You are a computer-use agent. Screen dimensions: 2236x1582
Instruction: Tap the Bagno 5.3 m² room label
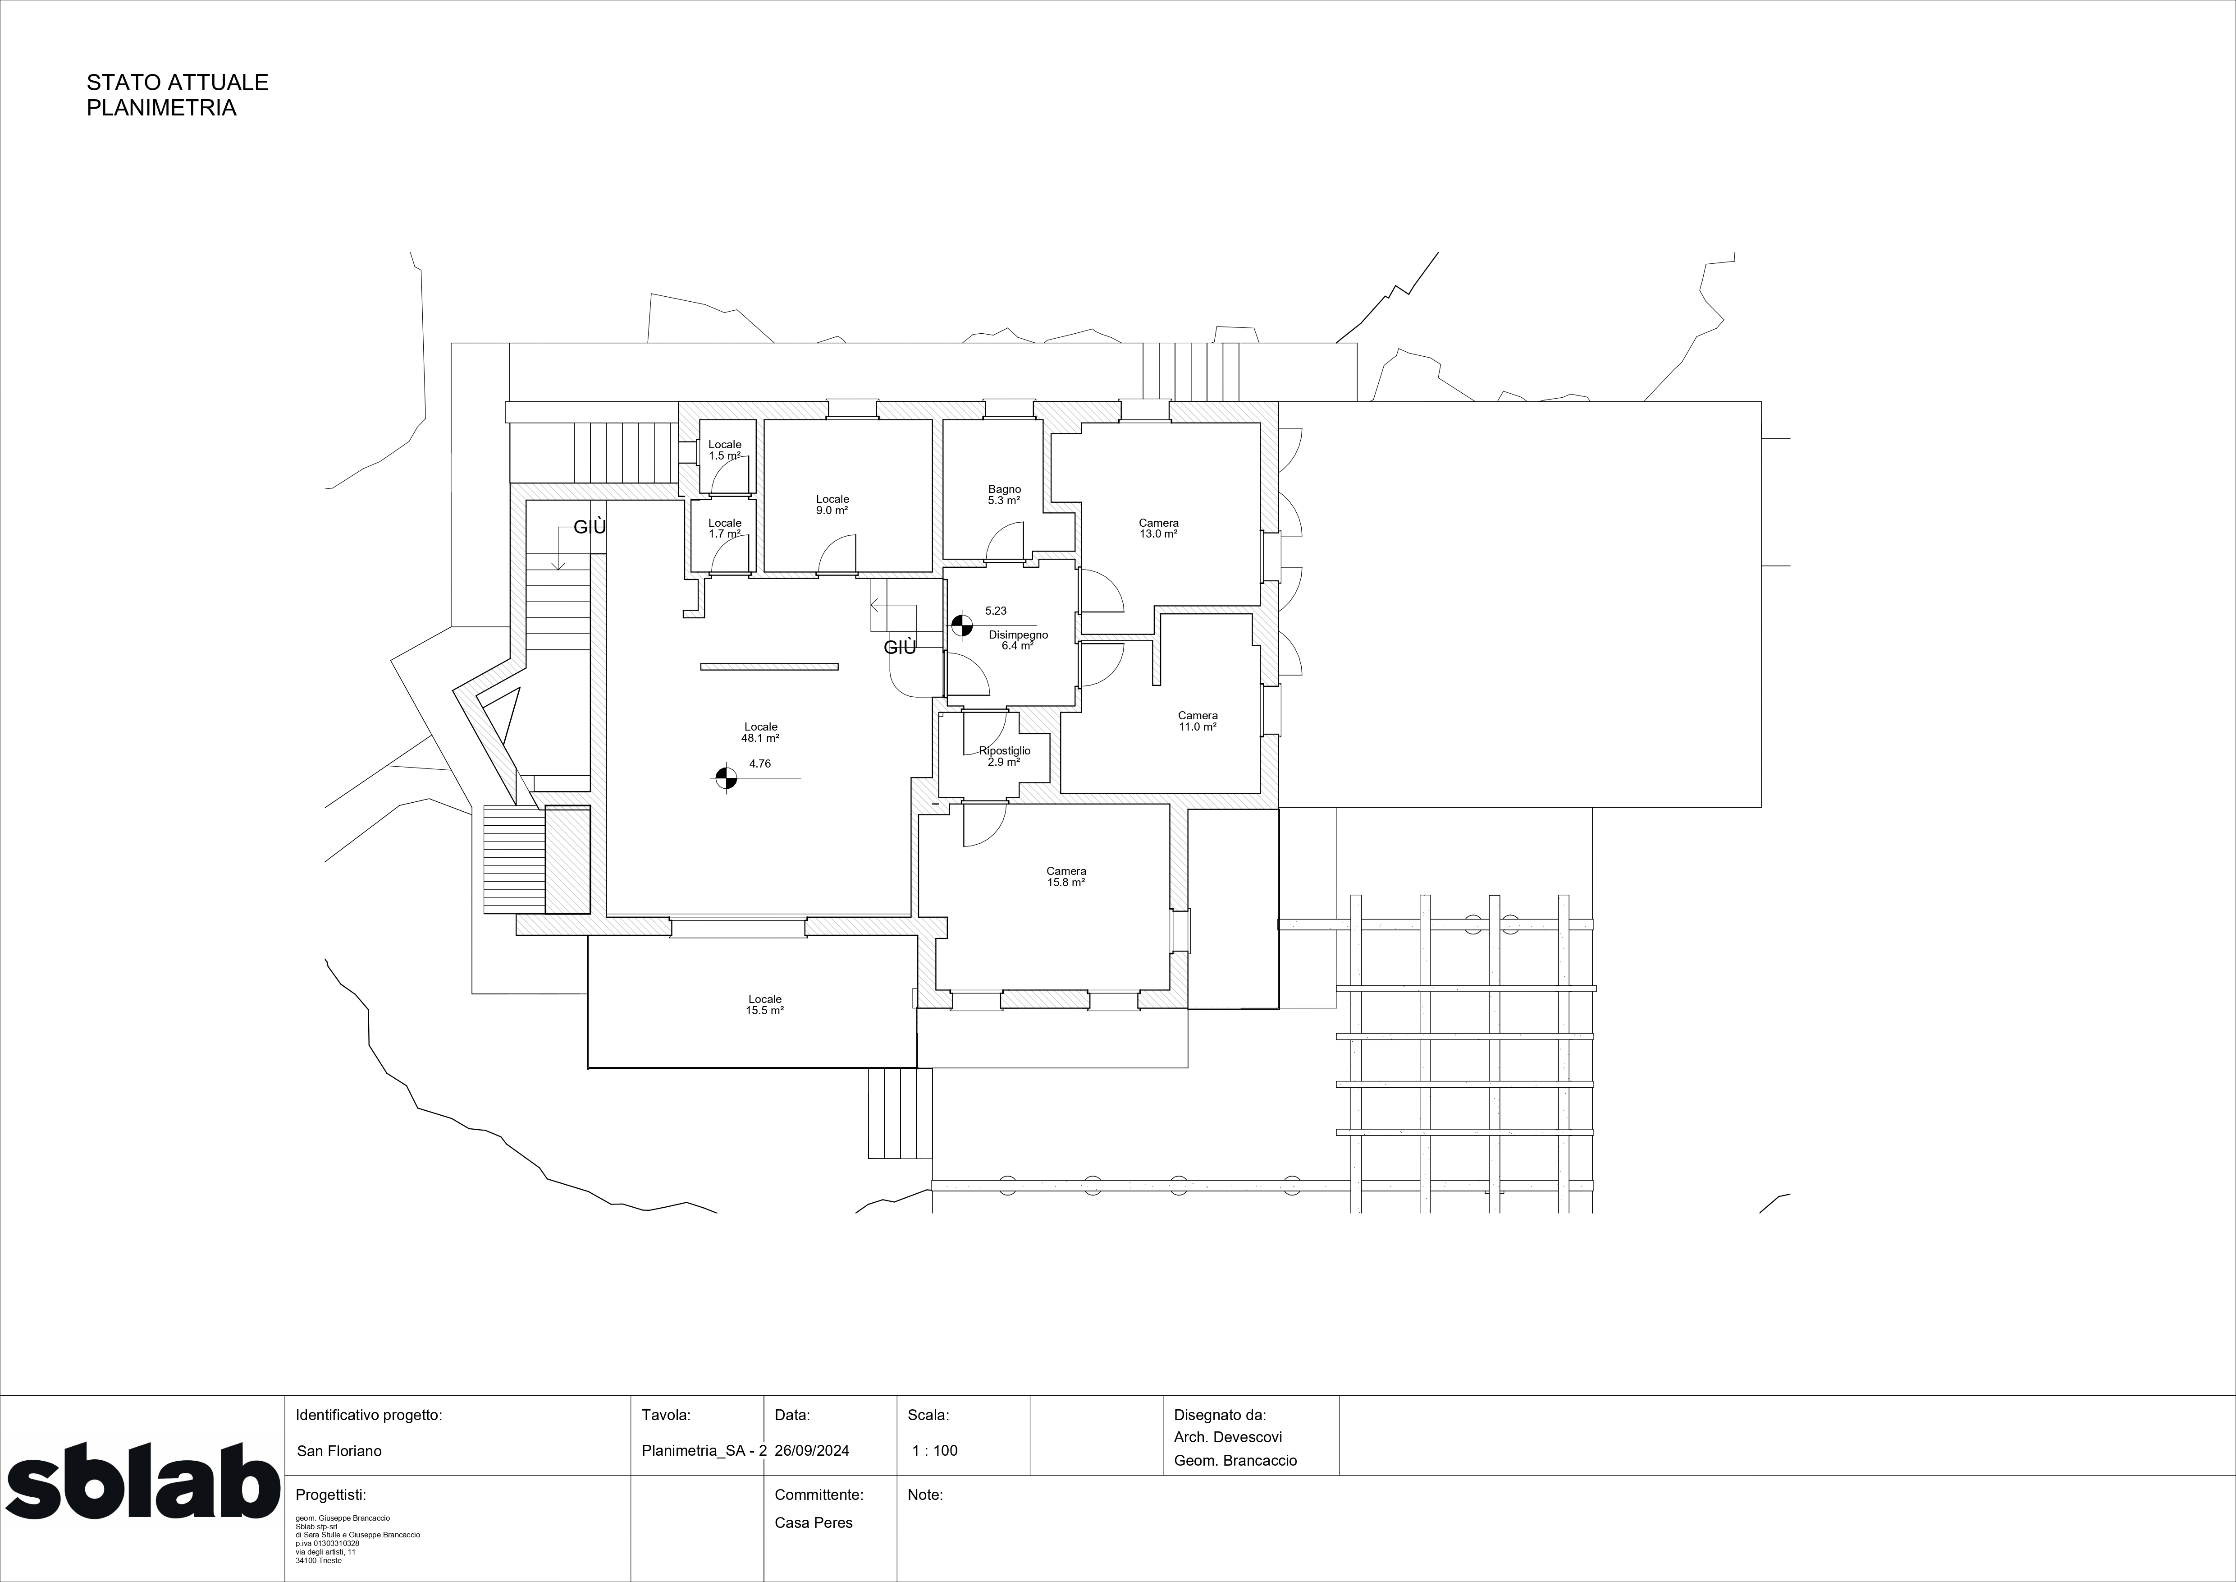point(1004,495)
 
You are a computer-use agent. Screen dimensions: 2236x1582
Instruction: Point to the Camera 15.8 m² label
point(1066,877)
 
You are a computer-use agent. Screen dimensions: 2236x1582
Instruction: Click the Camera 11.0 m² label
point(1198,721)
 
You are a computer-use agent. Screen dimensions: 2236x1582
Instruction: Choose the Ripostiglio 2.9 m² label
point(1004,756)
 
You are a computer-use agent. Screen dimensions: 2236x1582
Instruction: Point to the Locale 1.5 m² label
point(725,450)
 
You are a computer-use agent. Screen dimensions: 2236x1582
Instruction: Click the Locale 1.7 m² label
point(725,528)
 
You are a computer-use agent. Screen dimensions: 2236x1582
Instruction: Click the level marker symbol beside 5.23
point(961,625)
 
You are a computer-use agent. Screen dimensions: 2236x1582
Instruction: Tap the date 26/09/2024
point(812,1450)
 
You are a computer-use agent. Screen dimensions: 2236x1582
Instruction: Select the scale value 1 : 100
point(935,1450)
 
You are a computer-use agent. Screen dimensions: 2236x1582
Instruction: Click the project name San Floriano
point(339,1450)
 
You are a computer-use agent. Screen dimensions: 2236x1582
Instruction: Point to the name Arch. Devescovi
point(1228,1437)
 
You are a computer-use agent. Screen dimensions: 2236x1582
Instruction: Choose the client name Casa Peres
point(813,1522)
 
